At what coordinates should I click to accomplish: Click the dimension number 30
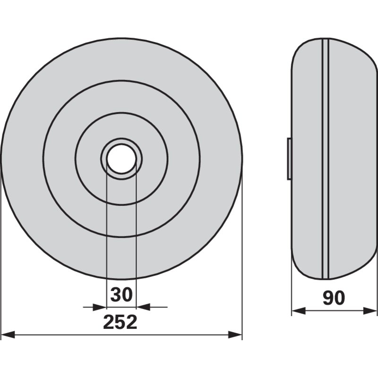coord(121,294)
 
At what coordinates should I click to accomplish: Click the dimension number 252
coord(120,322)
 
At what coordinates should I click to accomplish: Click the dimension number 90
coord(334,298)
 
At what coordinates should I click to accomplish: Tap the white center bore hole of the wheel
coord(121,159)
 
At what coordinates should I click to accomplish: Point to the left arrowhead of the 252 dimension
coord(8,335)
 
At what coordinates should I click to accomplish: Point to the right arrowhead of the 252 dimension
coord(235,335)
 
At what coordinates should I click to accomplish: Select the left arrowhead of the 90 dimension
coord(299,311)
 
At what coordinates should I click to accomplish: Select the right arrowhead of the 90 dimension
coord(370,311)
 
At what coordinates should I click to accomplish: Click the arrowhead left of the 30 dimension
coord(100,307)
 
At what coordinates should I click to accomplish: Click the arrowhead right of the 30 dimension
coord(143,307)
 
